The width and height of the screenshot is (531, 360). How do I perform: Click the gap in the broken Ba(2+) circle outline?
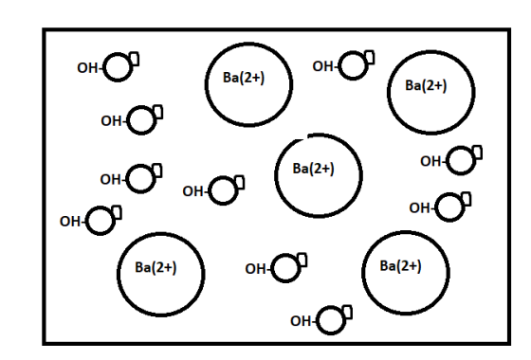point(305,136)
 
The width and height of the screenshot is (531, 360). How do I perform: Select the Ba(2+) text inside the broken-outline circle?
point(313,169)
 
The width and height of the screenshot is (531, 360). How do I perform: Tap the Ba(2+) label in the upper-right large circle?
point(426,85)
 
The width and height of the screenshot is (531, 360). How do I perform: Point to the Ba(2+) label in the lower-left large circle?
point(156,267)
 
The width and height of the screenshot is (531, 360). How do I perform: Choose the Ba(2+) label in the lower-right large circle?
point(400,266)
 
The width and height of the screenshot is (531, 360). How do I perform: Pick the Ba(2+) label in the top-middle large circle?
point(244,78)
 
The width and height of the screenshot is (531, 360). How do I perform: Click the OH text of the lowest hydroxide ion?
point(301,321)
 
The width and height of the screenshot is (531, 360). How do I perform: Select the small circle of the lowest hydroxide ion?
point(331,320)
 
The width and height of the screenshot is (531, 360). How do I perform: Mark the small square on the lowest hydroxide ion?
point(347,312)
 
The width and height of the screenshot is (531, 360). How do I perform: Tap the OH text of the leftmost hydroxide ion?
point(70,222)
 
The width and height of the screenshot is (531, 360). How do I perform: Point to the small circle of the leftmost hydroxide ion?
point(101,221)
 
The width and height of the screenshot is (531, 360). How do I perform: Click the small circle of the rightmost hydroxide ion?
point(461,161)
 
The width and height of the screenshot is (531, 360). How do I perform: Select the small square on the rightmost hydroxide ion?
point(478,153)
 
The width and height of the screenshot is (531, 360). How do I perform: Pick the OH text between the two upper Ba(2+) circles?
point(322,66)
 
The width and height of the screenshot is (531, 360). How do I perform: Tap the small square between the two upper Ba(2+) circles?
point(370,57)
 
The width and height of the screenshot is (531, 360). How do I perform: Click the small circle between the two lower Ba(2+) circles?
point(285,268)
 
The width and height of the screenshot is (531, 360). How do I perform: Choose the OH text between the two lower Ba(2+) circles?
point(255,269)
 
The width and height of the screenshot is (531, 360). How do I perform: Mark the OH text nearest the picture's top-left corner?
point(87,68)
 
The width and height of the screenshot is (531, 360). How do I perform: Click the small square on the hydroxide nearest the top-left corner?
point(134,59)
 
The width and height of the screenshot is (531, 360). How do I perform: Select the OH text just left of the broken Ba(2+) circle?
point(192,191)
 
